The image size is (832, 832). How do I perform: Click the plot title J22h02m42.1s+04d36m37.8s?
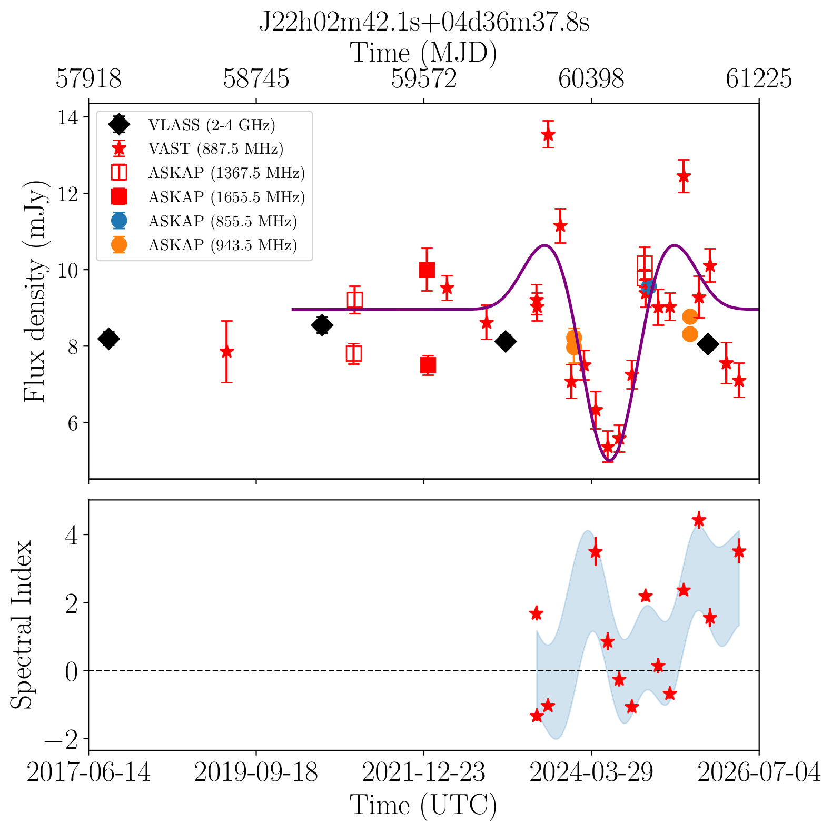pyautogui.click(x=424, y=23)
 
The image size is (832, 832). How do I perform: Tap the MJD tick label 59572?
pyautogui.click(x=424, y=79)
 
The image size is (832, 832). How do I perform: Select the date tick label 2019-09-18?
pyautogui.click(x=256, y=773)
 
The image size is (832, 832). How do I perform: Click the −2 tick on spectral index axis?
pyautogui.click(x=62, y=739)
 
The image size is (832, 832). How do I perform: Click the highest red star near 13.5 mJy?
pyautogui.click(x=548, y=134)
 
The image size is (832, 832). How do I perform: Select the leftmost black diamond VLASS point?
pyautogui.click(x=109, y=339)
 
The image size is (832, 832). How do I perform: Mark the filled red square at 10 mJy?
pyautogui.click(x=427, y=270)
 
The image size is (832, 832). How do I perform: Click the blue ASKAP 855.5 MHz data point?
pyautogui.click(x=649, y=287)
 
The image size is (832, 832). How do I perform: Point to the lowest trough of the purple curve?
pyautogui.click(x=608, y=461)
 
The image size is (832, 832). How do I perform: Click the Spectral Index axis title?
pyautogui.click(x=22, y=625)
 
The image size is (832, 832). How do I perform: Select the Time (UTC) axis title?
pyautogui.click(x=424, y=806)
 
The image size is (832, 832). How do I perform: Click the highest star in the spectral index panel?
pyautogui.click(x=699, y=520)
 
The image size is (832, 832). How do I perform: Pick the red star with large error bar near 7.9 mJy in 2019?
pyautogui.click(x=226, y=352)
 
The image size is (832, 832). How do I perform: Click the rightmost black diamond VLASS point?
pyautogui.click(x=708, y=344)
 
